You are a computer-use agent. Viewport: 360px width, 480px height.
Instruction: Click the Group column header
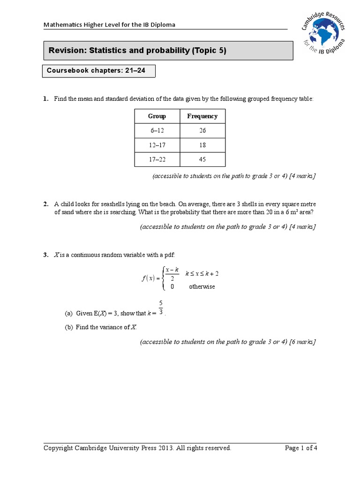click(x=157, y=116)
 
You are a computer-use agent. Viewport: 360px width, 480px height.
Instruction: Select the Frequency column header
click(x=202, y=116)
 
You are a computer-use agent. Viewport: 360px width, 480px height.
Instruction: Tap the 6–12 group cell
click(x=157, y=131)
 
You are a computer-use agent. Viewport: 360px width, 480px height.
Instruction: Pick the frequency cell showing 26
click(x=202, y=131)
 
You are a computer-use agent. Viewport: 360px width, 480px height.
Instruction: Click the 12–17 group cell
click(x=157, y=145)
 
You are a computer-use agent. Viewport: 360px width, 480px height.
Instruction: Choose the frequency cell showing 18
click(x=202, y=145)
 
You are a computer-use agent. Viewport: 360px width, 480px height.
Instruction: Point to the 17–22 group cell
click(x=157, y=159)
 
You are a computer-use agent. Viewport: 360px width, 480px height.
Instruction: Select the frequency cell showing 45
click(x=202, y=159)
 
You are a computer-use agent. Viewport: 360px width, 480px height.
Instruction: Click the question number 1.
click(x=46, y=99)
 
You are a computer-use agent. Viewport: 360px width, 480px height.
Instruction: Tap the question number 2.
click(x=46, y=204)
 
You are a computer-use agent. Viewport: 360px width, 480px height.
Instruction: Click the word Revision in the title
click(x=66, y=51)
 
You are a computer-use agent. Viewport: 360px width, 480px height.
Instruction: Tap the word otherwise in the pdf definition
click(x=202, y=287)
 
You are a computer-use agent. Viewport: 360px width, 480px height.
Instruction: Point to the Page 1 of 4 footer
click(x=301, y=448)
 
